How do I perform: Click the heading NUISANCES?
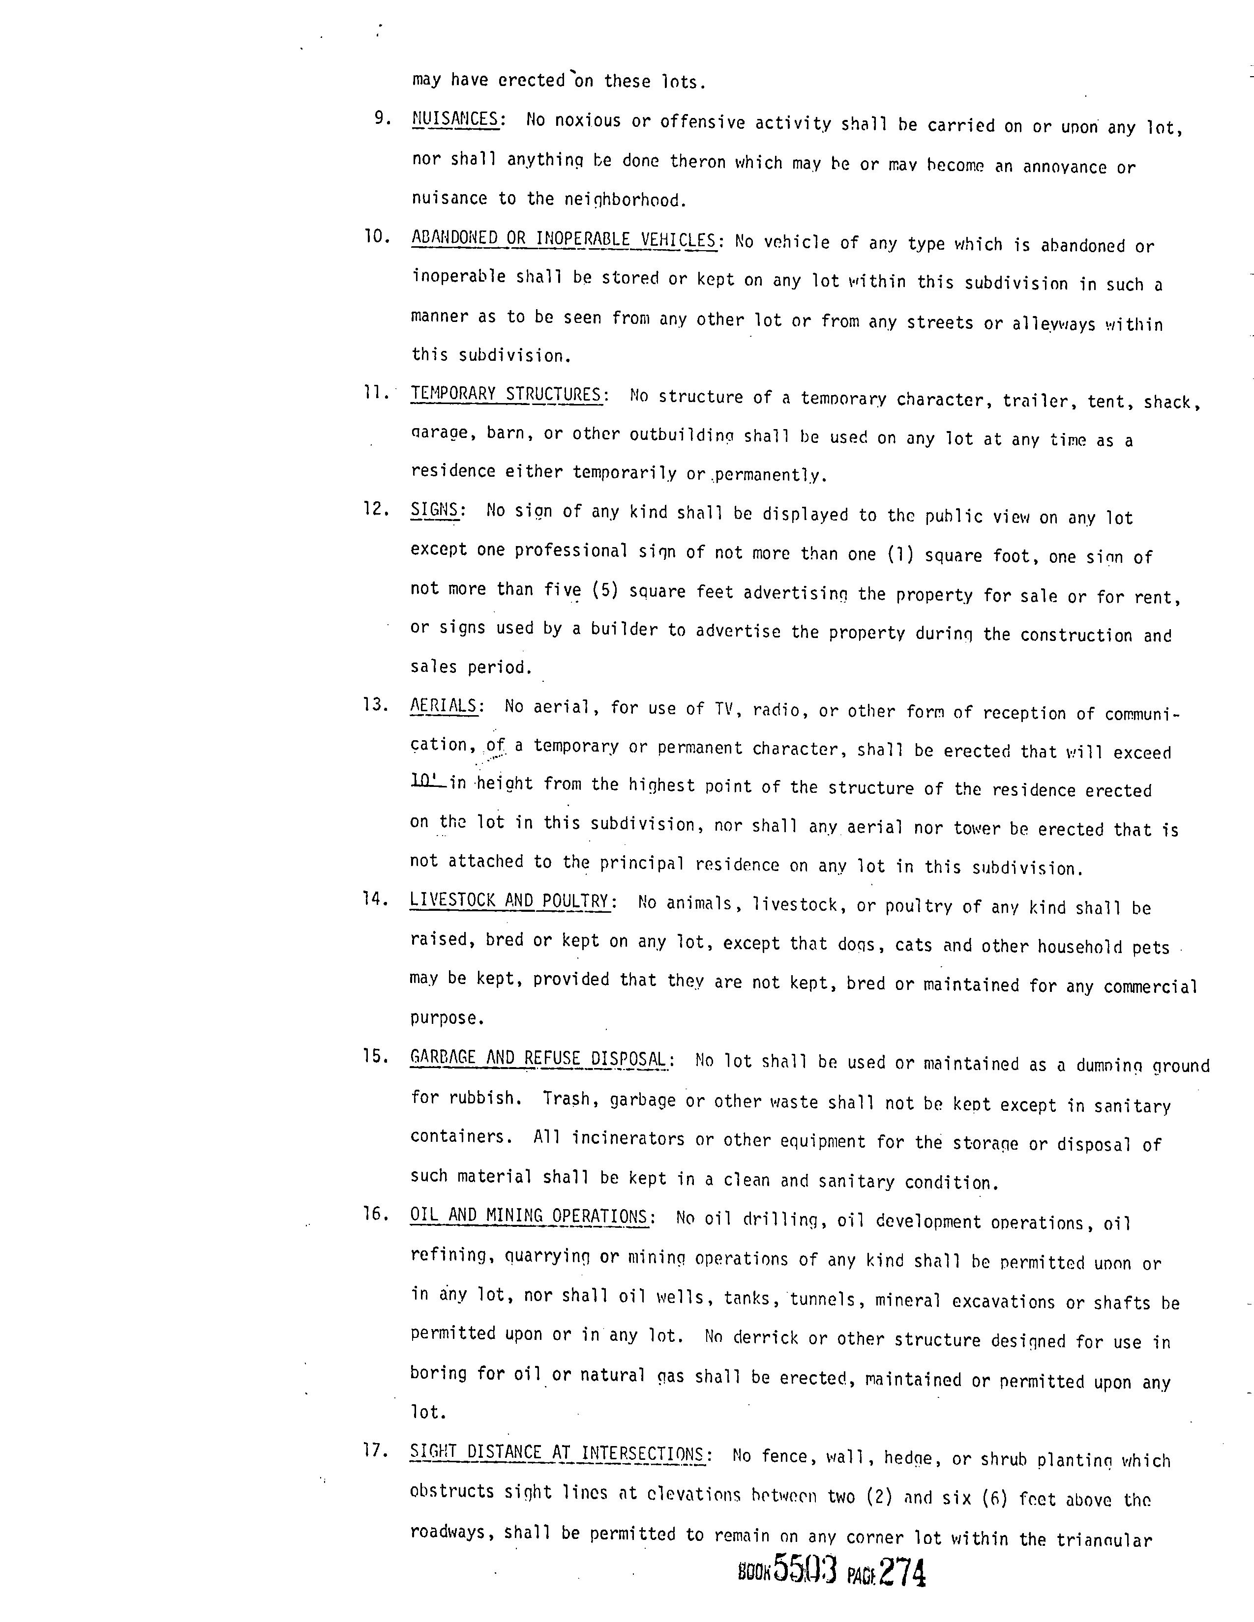[x=455, y=119]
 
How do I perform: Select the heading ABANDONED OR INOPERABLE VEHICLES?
[x=563, y=239]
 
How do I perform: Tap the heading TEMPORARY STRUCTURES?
[x=506, y=394]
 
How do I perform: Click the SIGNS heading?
[x=434, y=510]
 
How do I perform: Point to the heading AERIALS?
[x=444, y=705]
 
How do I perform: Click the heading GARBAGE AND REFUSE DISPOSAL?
[x=538, y=1058]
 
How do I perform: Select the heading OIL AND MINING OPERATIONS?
[x=529, y=1216]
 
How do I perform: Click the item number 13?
[x=375, y=704]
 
